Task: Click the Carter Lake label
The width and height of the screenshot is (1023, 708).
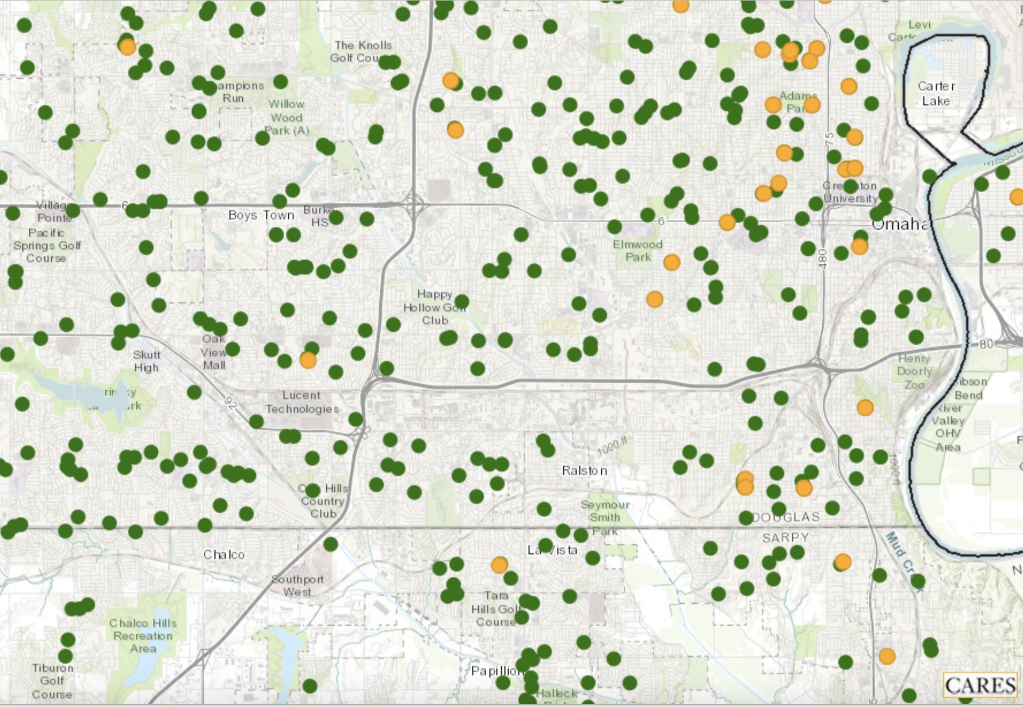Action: [x=936, y=93]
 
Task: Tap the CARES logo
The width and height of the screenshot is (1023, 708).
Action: [x=980, y=686]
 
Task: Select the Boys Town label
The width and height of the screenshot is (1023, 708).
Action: [x=261, y=215]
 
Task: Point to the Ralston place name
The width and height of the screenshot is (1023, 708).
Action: [x=584, y=470]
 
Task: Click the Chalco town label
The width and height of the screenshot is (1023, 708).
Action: [x=224, y=554]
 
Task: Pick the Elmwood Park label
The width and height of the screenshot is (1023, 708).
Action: [x=638, y=250]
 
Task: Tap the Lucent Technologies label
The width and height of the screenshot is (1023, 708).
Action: [x=302, y=402]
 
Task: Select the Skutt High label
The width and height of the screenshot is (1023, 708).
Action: [x=147, y=361]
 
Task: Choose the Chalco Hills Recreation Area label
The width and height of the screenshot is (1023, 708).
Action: [x=143, y=635]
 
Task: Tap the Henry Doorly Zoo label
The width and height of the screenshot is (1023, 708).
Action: [x=914, y=371]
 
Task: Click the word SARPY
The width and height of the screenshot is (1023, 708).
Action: [x=785, y=538]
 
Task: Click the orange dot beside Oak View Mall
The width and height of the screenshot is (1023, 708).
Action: [x=308, y=360]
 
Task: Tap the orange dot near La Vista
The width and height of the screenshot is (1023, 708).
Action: [x=499, y=565]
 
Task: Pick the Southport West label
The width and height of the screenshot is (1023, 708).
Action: [x=297, y=585]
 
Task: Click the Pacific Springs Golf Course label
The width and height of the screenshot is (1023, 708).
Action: [x=47, y=245]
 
